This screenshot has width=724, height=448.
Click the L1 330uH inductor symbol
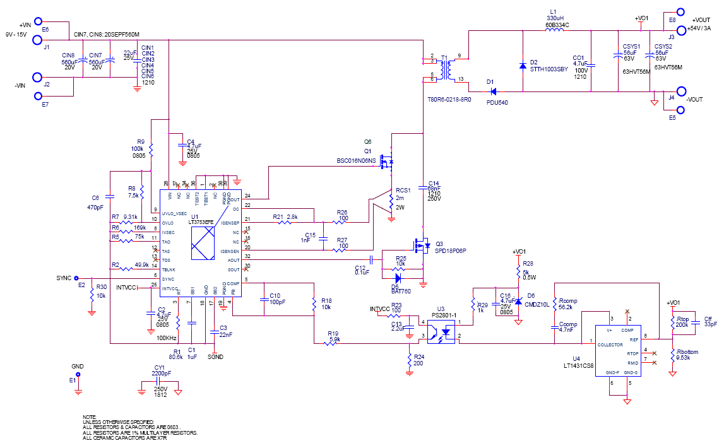555,30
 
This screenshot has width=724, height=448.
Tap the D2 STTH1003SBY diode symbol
523,65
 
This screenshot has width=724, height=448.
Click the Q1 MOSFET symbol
388,162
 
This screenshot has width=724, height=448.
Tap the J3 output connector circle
681,29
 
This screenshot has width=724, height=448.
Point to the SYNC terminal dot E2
76,277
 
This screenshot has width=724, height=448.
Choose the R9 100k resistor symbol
151,150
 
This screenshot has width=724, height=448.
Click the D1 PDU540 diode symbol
492,91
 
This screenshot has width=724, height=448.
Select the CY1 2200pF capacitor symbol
159,381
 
